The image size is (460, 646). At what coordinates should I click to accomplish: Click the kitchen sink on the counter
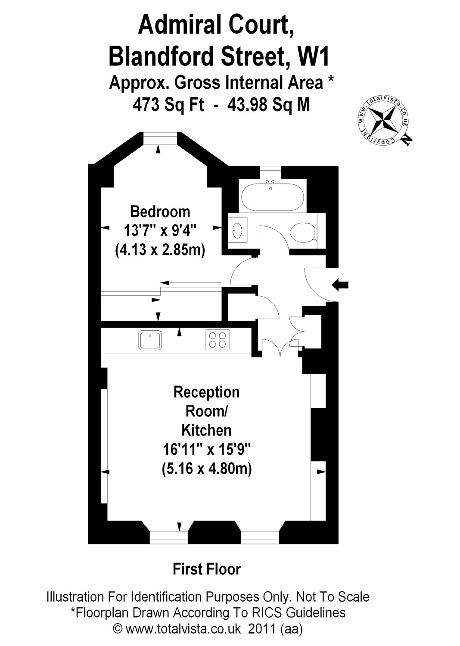(150, 340)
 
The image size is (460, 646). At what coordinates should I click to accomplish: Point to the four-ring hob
(218, 339)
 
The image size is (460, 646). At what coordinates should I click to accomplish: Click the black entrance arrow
(340, 284)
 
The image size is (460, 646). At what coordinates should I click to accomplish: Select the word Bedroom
(160, 212)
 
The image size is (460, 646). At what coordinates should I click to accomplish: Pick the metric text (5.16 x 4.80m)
(207, 468)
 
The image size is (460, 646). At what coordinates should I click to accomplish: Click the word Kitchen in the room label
(206, 430)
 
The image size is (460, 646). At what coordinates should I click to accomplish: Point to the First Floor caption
(206, 569)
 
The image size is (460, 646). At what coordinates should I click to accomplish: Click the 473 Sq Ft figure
(168, 104)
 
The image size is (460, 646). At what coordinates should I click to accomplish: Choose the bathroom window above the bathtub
(270, 171)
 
